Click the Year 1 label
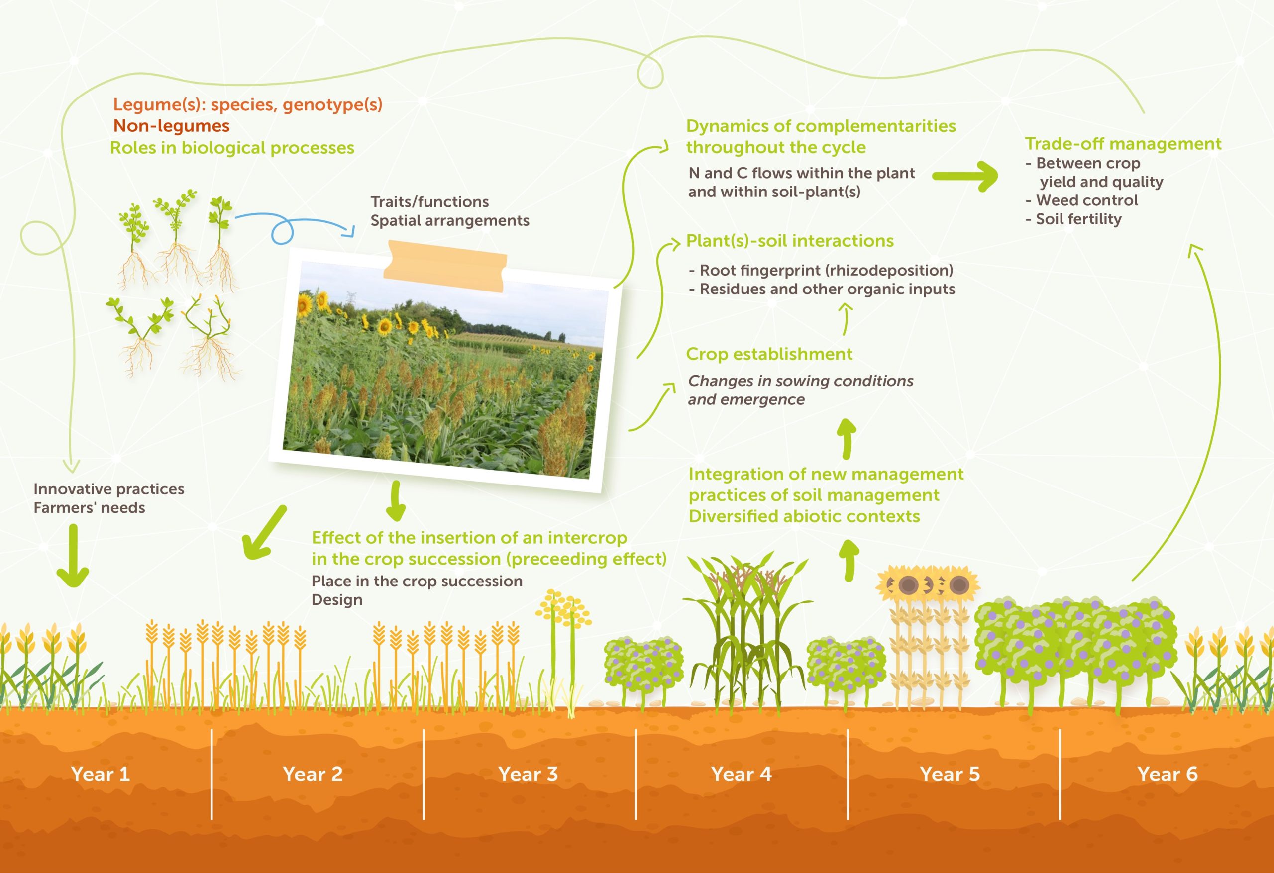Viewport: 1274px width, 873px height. (x=101, y=774)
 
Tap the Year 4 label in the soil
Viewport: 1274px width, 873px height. (x=741, y=774)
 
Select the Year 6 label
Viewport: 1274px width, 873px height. (x=1167, y=774)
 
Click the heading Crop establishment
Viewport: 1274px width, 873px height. (x=769, y=354)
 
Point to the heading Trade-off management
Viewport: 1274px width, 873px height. (x=1123, y=144)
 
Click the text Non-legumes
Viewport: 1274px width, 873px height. (x=172, y=126)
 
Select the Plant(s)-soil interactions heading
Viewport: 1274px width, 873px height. (x=790, y=241)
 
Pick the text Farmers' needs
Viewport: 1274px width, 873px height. (x=90, y=507)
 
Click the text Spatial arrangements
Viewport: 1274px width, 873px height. (x=450, y=220)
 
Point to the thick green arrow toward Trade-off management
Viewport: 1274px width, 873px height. (x=965, y=176)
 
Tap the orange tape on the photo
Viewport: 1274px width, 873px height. (x=444, y=266)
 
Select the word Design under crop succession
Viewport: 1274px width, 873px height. (x=336, y=600)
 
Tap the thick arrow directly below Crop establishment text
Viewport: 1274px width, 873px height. (x=847, y=439)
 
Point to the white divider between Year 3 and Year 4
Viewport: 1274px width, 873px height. (x=636, y=774)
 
